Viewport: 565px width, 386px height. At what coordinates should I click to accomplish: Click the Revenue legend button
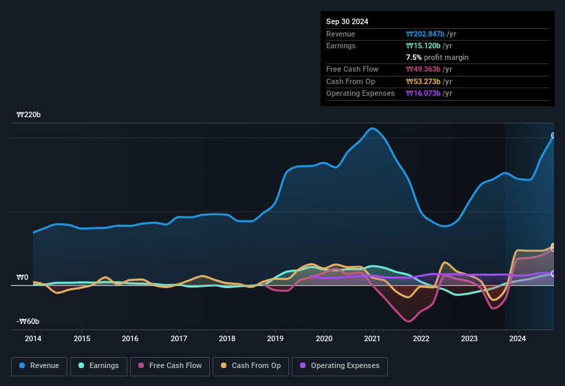(39, 366)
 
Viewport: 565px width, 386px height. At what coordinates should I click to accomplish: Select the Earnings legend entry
(95, 366)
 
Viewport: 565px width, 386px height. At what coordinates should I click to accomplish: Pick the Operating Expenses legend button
(340, 366)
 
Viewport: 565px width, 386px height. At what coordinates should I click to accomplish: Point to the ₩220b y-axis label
(29, 115)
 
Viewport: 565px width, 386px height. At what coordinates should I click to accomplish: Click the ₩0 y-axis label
(23, 278)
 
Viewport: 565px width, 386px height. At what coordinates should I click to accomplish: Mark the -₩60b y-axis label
(28, 321)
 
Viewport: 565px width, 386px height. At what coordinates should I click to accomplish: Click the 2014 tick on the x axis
(33, 338)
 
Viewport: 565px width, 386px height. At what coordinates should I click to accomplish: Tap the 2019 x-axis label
(275, 338)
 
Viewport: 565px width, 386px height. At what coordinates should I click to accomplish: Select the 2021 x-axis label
(372, 338)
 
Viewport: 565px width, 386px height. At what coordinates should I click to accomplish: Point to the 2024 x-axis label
(518, 338)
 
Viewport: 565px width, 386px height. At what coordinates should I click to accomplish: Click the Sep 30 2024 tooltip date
(347, 21)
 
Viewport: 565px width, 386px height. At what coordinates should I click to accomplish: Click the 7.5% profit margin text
(437, 57)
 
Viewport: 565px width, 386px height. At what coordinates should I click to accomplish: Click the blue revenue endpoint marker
(554, 136)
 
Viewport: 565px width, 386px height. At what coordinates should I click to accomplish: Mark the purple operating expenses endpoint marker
(554, 274)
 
